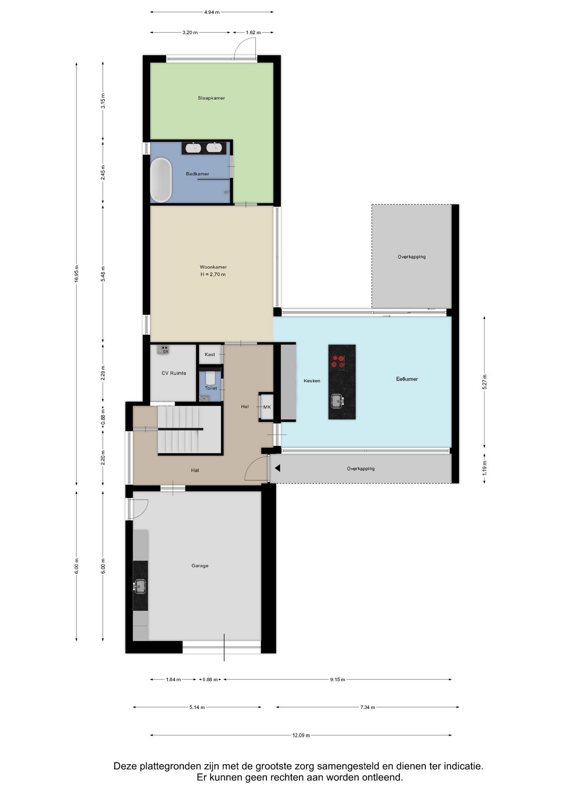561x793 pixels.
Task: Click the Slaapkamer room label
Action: [x=211, y=98]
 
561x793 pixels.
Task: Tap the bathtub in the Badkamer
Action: [x=161, y=180]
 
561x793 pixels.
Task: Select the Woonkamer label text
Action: [x=213, y=267]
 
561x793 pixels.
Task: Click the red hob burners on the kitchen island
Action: [x=338, y=362]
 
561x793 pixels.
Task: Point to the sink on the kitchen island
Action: [x=337, y=401]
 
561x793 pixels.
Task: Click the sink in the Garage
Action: [x=140, y=586]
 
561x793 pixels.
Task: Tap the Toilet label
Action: [x=211, y=388]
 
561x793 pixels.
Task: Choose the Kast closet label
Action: [x=210, y=355]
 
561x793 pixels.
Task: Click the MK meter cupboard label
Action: [x=267, y=407]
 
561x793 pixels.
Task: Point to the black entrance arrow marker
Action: [x=278, y=468]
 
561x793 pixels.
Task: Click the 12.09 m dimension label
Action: [x=301, y=735]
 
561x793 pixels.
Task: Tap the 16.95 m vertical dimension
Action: [x=76, y=273]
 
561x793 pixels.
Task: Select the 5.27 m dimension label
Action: [x=485, y=382]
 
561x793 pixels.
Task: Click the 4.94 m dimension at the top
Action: [x=212, y=12]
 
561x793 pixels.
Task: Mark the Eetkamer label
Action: [x=407, y=379]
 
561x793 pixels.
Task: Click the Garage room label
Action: [x=200, y=566]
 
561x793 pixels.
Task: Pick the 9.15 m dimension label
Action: [x=337, y=679]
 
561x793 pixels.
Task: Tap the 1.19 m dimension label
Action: [x=485, y=468]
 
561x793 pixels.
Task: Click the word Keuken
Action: [x=312, y=381]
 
